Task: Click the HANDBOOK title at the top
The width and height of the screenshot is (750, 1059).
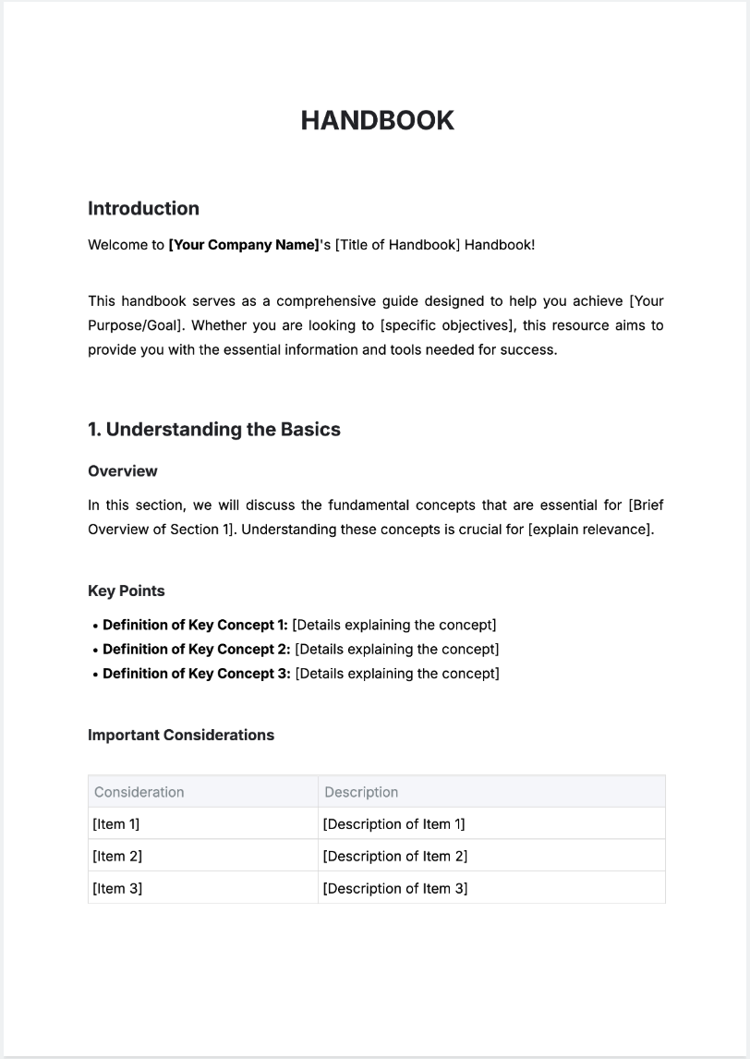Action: (x=377, y=121)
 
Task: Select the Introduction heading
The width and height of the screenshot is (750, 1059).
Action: (x=143, y=209)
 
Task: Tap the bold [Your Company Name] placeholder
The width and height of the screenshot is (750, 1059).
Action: (x=243, y=245)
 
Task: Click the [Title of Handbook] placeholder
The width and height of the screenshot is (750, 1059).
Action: (x=397, y=245)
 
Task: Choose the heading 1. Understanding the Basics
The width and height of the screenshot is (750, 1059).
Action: (x=214, y=430)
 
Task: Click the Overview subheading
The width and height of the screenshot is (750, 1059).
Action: (x=123, y=471)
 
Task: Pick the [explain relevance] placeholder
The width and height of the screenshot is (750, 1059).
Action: (x=590, y=529)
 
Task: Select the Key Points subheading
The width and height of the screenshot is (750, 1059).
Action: (x=127, y=591)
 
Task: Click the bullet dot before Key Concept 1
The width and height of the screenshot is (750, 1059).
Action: (x=95, y=626)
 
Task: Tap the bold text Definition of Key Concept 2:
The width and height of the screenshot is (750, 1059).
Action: (x=197, y=650)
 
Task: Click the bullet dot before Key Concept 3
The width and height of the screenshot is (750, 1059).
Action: (x=95, y=675)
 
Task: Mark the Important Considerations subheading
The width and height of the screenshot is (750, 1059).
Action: (x=181, y=736)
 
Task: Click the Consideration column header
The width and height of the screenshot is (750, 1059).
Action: (x=139, y=792)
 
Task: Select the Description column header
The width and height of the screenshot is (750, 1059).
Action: (x=361, y=792)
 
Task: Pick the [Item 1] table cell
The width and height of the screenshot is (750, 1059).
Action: (x=116, y=824)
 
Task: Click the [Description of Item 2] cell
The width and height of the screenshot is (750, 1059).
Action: (x=395, y=857)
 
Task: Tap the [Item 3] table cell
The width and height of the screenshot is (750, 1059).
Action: (x=117, y=889)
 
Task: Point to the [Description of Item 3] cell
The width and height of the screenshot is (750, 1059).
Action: (x=395, y=889)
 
